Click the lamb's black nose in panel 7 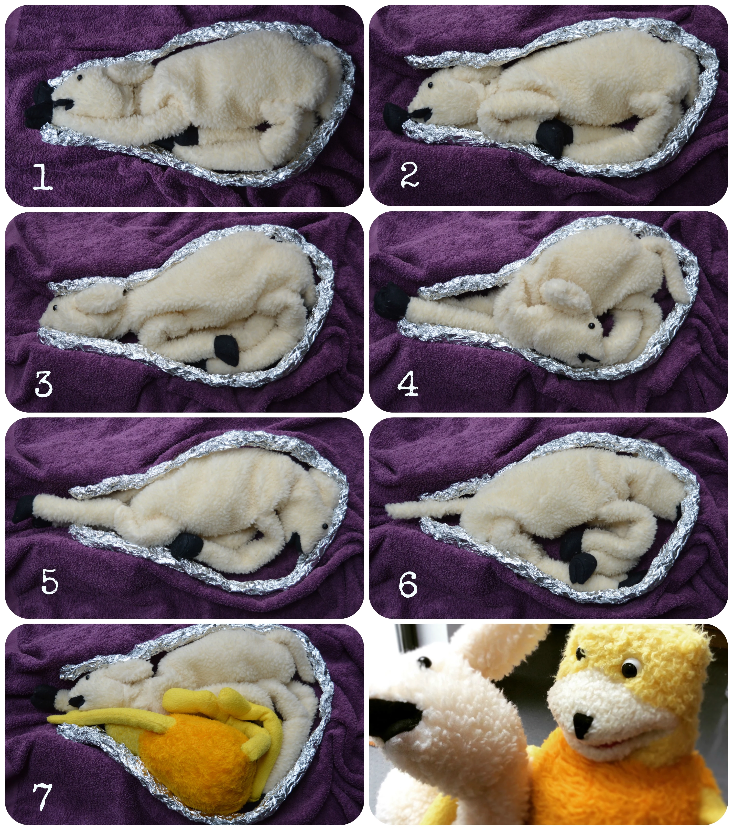coord(76,701)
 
